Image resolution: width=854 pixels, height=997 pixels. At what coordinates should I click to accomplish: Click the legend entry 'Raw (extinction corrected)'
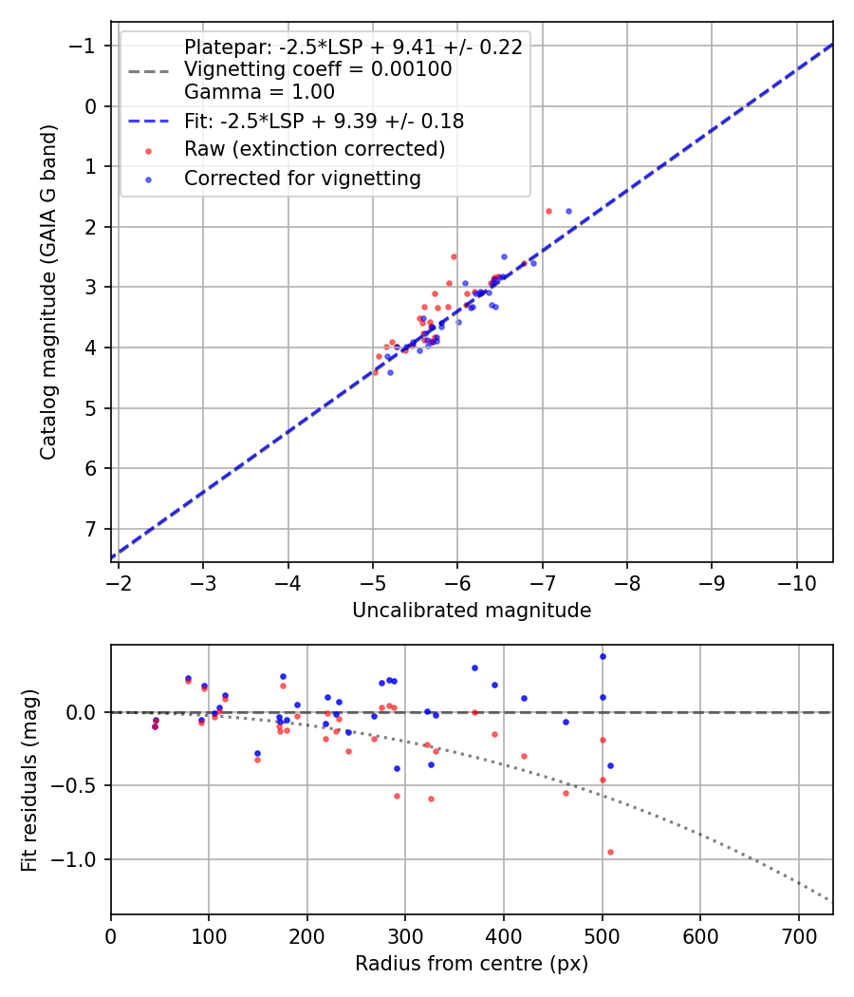click(314, 149)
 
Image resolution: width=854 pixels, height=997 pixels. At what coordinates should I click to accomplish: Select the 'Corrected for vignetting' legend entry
click(302, 178)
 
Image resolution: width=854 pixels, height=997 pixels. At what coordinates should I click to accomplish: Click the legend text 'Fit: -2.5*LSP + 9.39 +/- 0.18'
click(324, 121)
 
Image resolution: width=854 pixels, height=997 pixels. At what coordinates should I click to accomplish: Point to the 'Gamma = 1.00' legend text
click(259, 92)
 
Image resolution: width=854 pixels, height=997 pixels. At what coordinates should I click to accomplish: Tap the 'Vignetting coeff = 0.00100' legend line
click(318, 69)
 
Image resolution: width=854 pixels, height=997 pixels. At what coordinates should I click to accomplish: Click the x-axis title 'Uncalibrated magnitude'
click(472, 611)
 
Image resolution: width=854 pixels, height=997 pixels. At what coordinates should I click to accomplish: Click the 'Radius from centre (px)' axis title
click(472, 964)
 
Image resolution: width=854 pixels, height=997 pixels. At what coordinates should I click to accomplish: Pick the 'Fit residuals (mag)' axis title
click(29, 781)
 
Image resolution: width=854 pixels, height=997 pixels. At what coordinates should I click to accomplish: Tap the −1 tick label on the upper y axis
click(85, 46)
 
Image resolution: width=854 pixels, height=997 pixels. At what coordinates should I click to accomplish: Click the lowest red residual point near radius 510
click(610, 852)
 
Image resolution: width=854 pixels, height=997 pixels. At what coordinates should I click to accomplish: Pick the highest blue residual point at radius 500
click(603, 656)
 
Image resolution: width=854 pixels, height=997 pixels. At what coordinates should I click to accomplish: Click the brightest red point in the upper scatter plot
click(548, 211)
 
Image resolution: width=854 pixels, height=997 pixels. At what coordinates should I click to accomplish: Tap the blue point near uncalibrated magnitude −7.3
click(568, 211)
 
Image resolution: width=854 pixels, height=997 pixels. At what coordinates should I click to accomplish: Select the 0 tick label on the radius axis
click(111, 935)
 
